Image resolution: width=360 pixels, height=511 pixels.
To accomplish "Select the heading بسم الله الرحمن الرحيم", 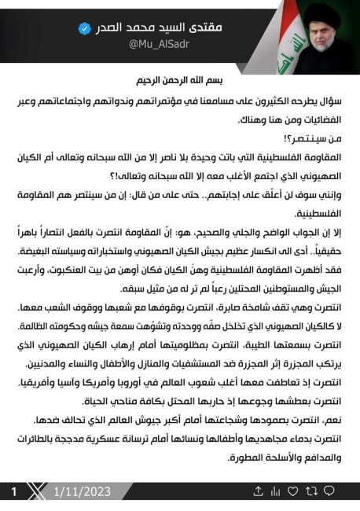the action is [179, 81].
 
